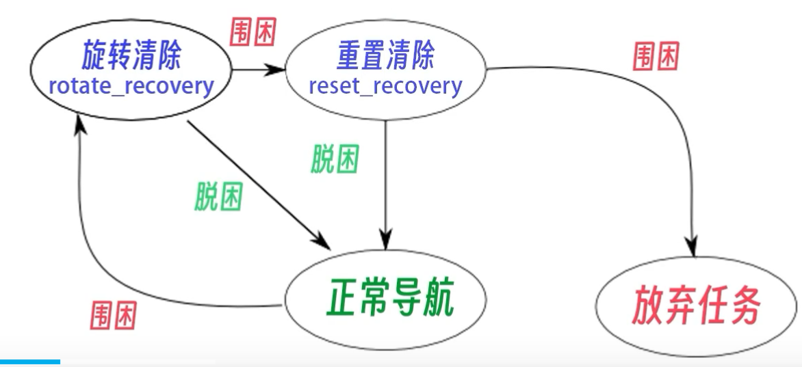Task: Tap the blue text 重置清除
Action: click(x=385, y=57)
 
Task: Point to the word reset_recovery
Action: click(x=385, y=87)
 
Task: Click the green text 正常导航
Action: click(x=386, y=299)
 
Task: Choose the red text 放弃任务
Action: click(x=697, y=308)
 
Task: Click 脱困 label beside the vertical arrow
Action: click(x=334, y=160)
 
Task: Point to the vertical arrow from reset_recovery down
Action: click(x=387, y=185)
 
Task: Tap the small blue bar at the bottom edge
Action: click(x=30, y=362)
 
